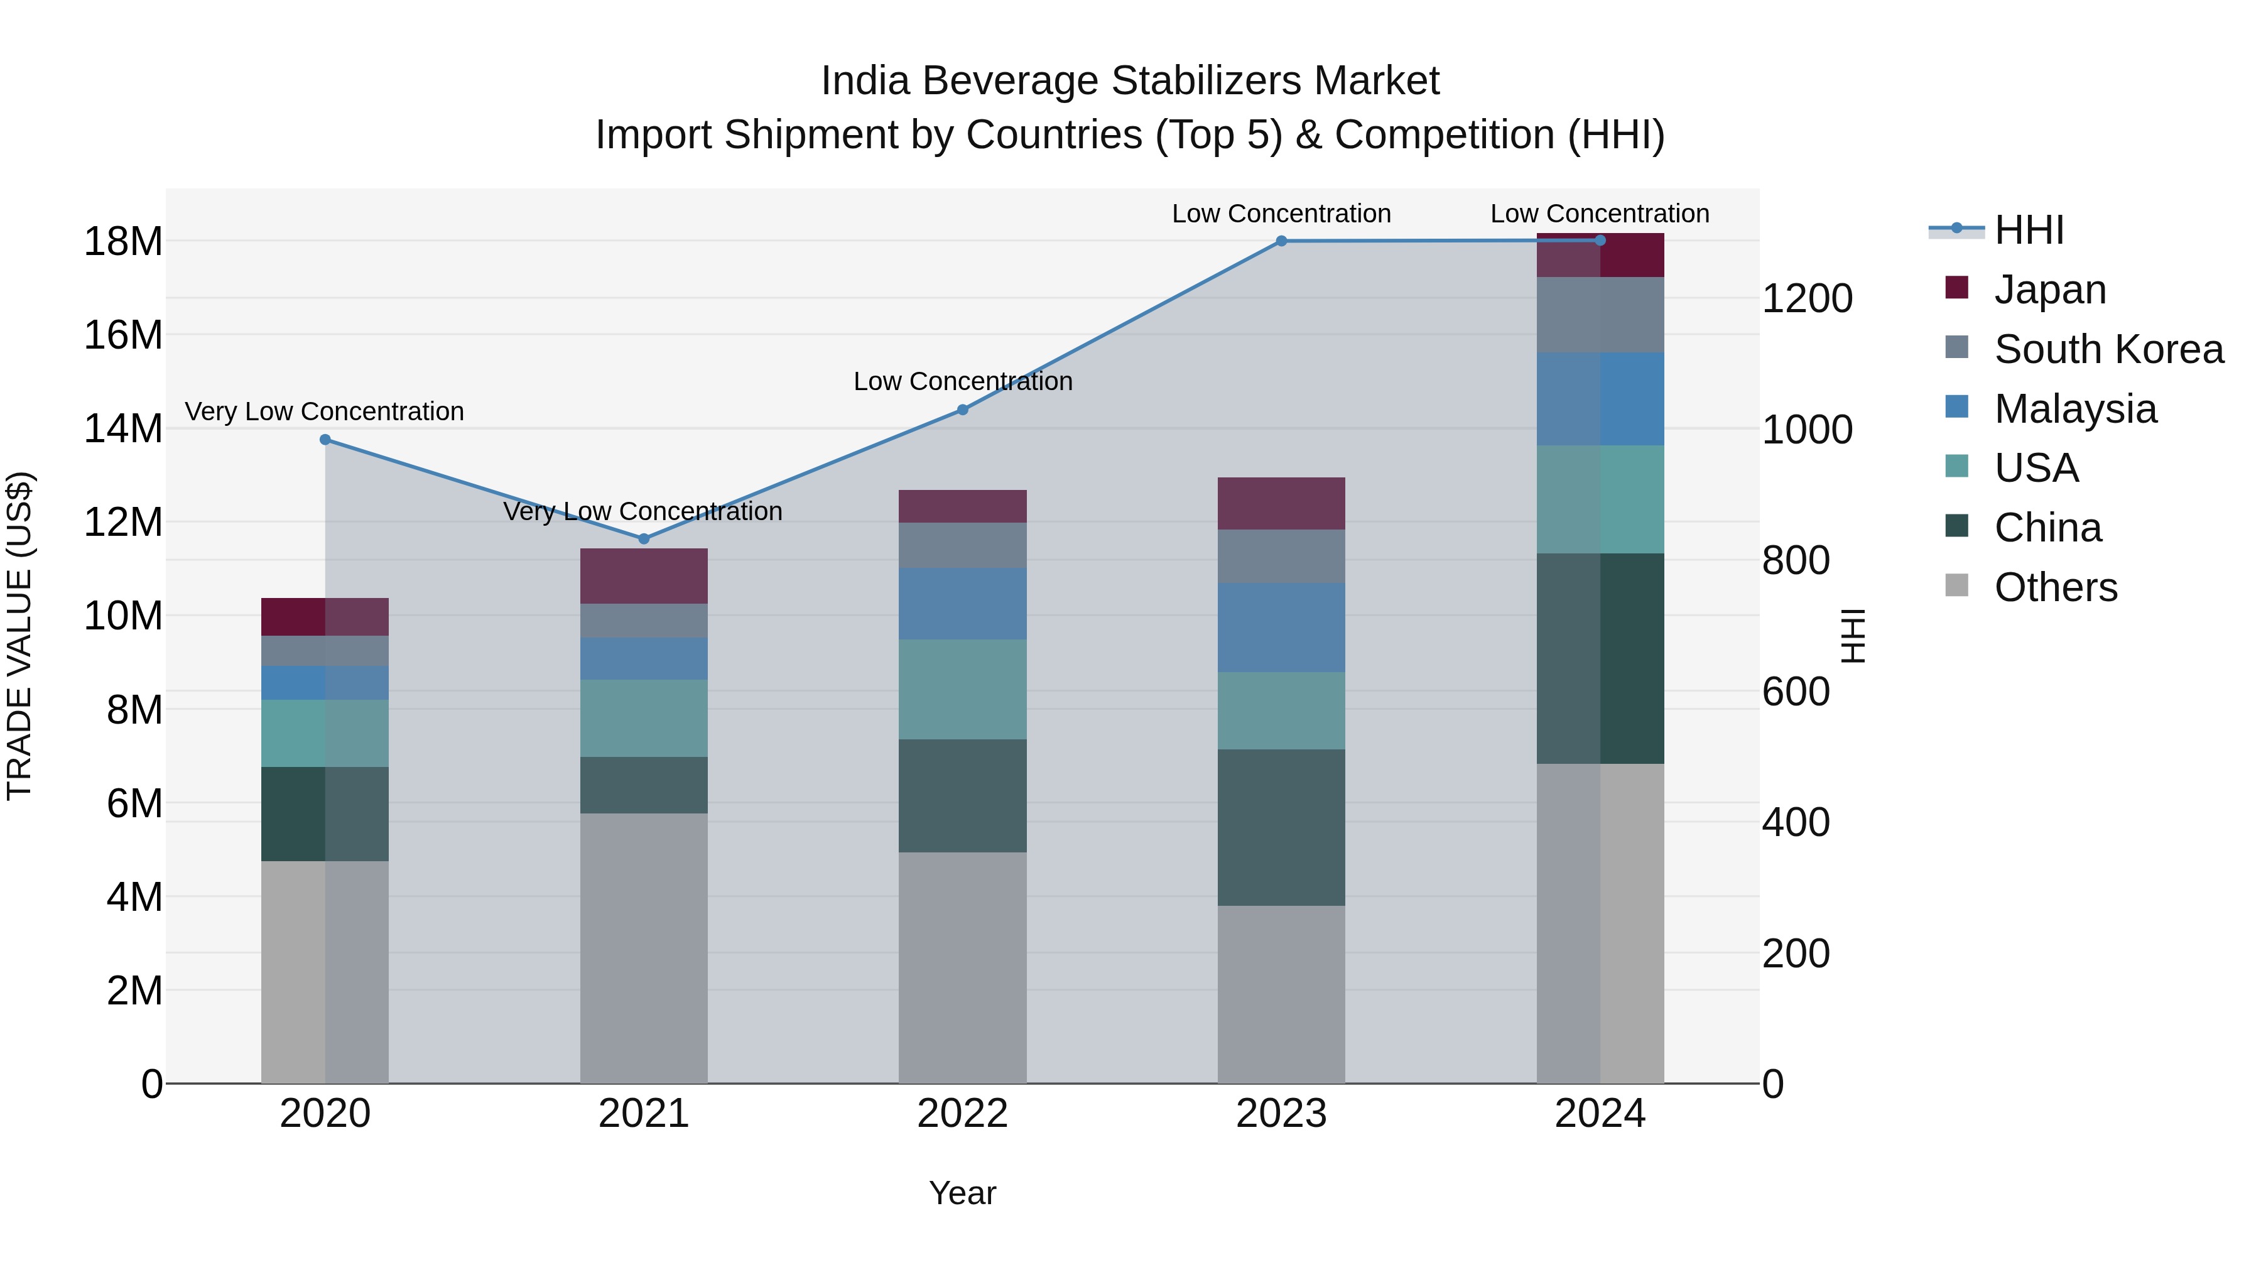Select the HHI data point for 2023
pyautogui.click(x=1281, y=241)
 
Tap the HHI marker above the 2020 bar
pyautogui.click(x=325, y=440)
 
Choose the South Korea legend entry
pyautogui.click(x=2108, y=349)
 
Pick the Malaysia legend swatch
pyautogui.click(x=1956, y=407)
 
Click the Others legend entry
pyautogui.click(x=2055, y=587)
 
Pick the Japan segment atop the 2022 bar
pyautogui.click(x=962, y=506)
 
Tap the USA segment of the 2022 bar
pyautogui.click(x=962, y=689)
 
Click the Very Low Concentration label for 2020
pyautogui.click(x=324, y=411)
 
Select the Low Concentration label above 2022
pyautogui.click(x=962, y=382)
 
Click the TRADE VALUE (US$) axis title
pyautogui.click(x=19, y=636)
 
